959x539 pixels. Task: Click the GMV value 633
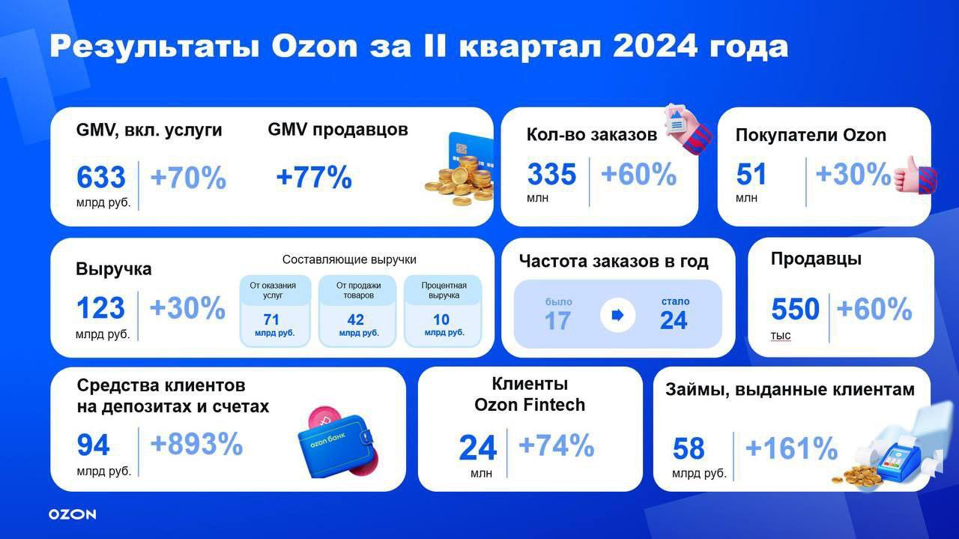(101, 178)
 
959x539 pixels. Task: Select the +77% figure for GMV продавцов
(314, 178)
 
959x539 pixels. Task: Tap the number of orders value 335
(552, 175)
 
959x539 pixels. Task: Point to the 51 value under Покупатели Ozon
(751, 175)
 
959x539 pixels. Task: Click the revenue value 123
(100, 308)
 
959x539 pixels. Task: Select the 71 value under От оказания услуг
(271, 319)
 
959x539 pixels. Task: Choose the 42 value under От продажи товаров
(356, 319)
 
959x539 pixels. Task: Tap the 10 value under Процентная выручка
(441, 319)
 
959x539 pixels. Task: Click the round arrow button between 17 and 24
(618, 316)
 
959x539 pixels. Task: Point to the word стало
(676, 301)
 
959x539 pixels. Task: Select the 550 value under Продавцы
(796, 309)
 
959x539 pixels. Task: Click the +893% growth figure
(197, 444)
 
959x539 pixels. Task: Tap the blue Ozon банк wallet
(336, 445)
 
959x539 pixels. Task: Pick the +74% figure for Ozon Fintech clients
(557, 445)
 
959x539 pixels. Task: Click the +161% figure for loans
(792, 448)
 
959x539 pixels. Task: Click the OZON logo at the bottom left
(73, 514)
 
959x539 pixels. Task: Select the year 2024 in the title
(655, 46)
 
